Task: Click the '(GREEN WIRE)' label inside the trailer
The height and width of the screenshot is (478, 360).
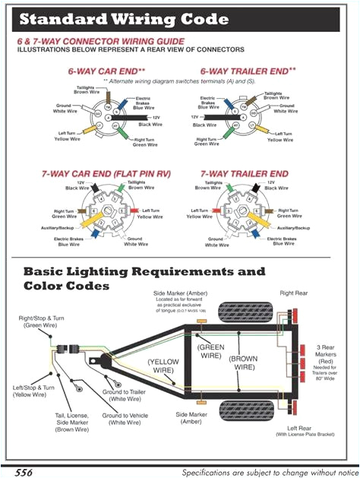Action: [x=210, y=350]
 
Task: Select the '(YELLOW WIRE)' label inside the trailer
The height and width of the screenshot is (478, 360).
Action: [x=163, y=366]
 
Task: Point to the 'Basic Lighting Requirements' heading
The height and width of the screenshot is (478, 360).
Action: [x=144, y=271]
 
